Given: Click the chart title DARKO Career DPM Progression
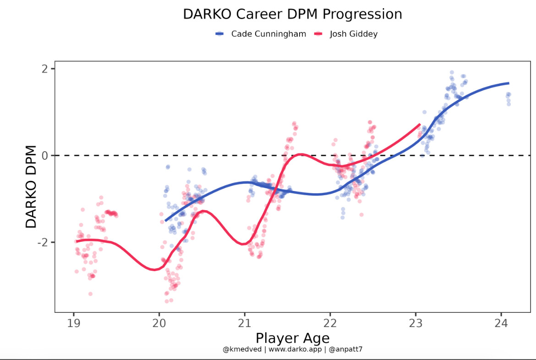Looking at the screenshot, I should point(292,14).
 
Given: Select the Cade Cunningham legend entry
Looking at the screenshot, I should point(268,34).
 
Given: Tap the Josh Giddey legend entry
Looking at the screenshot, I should point(353,34).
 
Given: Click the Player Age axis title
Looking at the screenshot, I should point(292,338).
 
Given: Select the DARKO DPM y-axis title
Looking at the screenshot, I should point(31,187).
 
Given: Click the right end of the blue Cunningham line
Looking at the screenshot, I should point(509,83).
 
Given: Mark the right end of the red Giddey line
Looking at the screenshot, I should point(420,124).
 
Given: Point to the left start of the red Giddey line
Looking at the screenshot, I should point(77,241).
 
